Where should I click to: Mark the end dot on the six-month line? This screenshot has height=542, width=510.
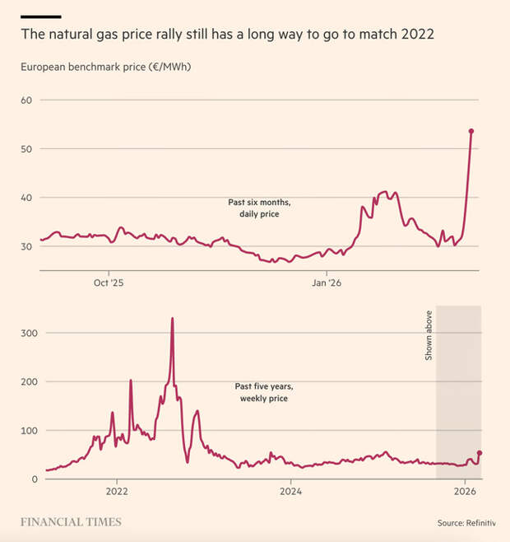point(471,131)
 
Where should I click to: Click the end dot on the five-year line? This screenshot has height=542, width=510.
point(480,452)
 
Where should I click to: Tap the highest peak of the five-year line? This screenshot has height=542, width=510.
point(172,318)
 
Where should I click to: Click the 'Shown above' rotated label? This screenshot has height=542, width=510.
point(428,342)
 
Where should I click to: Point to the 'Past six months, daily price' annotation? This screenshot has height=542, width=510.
point(259,208)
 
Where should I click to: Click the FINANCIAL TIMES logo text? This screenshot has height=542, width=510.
point(71,521)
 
